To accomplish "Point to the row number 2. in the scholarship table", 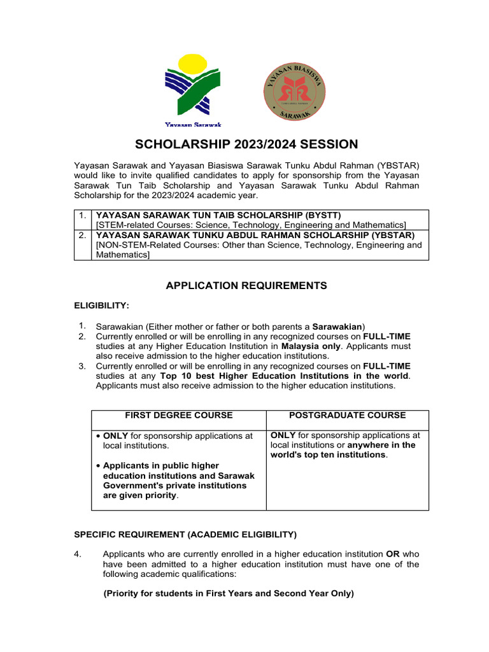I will click(83, 235).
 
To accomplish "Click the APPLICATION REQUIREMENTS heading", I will click(246, 286).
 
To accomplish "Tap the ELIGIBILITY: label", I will click(102, 306).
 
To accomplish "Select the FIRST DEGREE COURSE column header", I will click(178, 415).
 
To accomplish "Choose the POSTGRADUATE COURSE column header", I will click(347, 415).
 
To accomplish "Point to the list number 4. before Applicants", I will click(78, 554).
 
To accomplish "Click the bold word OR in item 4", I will click(393, 554).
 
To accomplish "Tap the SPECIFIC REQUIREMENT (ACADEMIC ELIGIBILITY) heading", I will click(185, 534).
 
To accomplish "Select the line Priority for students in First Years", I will click(229, 593).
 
